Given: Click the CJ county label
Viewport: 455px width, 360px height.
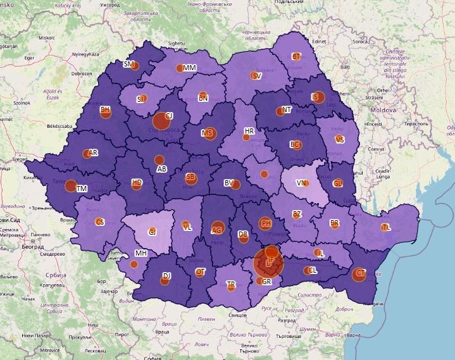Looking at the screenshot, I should [x=169, y=116].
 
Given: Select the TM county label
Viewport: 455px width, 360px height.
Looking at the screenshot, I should [x=81, y=189].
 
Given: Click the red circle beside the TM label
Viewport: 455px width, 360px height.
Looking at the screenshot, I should [x=72, y=186].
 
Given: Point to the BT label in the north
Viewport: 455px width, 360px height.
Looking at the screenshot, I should [x=296, y=57].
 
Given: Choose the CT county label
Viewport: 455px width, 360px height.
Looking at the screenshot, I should [x=361, y=273].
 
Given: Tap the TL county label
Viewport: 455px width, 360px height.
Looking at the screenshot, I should [x=386, y=228].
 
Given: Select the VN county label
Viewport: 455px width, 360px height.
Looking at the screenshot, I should [x=302, y=183].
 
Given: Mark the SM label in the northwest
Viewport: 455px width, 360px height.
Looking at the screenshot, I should [x=128, y=65].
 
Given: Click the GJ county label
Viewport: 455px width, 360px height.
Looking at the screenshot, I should [x=152, y=232].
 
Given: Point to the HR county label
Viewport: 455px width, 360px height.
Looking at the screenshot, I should [x=249, y=132].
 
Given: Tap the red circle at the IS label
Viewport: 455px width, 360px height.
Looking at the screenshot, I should [x=319, y=97].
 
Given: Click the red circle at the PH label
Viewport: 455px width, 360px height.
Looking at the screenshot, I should [x=266, y=223].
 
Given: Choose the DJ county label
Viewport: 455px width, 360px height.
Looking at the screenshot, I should [x=167, y=276].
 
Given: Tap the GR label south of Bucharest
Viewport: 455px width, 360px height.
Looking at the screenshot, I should [x=266, y=282].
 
